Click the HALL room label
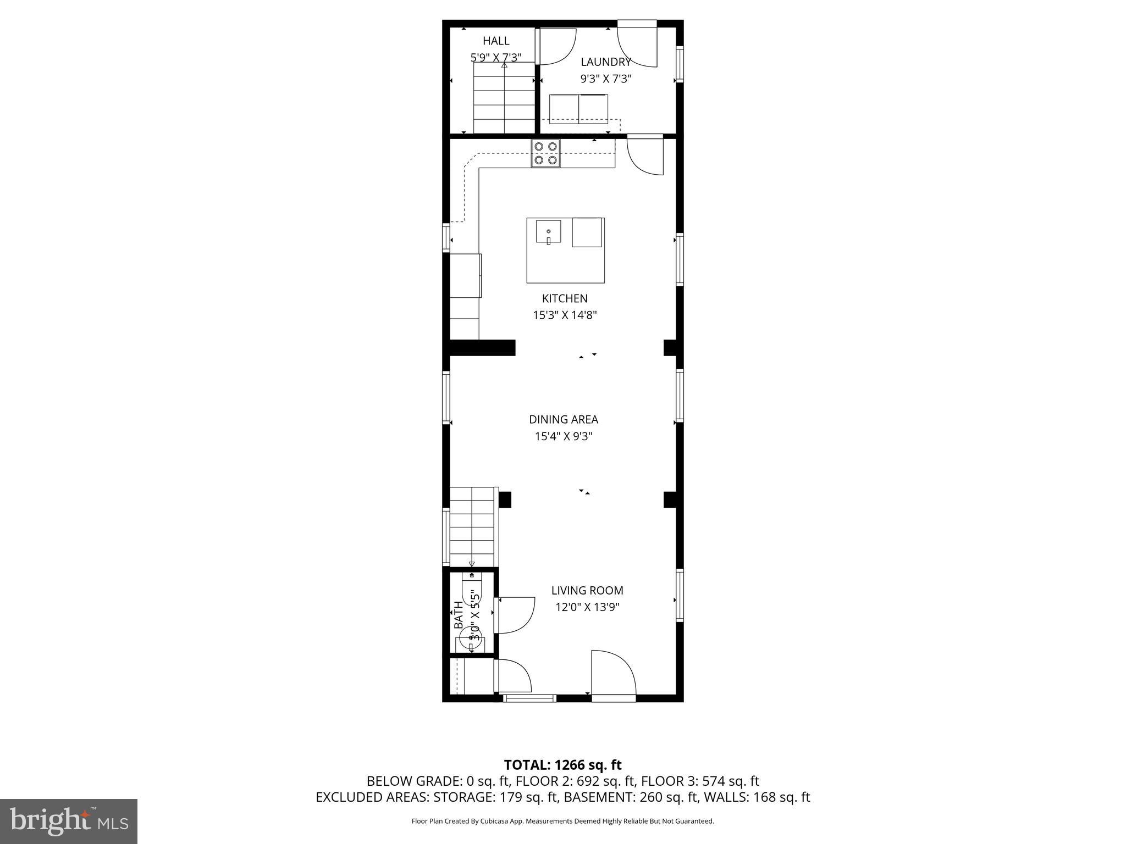click(x=496, y=41)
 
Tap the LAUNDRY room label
click(x=606, y=62)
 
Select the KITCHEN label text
click(x=565, y=298)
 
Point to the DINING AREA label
click(x=564, y=419)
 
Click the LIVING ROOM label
click(x=587, y=591)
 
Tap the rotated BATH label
click(x=459, y=615)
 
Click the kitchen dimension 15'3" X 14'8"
click(x=565, y=315)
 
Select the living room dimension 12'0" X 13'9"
click(x=587, y=607)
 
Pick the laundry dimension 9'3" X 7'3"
click(x=606, y=79)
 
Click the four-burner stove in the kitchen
click(x=545, y=153)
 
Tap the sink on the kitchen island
click(x=549, y=231)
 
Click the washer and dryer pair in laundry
click(x=578, y=109)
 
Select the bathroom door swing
click(x=515, y=615)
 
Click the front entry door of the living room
click(x=612, y=675)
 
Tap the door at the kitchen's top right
click(x=645, y=156)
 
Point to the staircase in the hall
click(x=504, y=98)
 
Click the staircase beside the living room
click(x=473, y=527)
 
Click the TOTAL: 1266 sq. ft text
click(x=562, y=765)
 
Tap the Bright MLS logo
click(x=69, y=821)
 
